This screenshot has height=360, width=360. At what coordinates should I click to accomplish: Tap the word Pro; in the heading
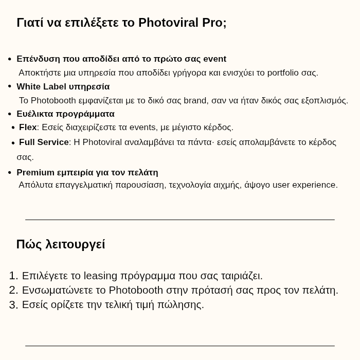click(x=214, y=23)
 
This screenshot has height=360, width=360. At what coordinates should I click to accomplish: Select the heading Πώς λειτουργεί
click(x=61, y=244)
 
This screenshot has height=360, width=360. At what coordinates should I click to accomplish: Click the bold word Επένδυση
click(x=38, y=59)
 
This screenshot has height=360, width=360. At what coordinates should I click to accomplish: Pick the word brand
click(x=195, y=100)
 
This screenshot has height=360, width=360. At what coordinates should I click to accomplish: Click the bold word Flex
click(x=28, y=127)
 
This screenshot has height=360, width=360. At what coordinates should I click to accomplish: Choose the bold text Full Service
click(x=44, y=142)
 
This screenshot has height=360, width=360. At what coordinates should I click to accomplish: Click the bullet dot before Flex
click(x=13, y=128)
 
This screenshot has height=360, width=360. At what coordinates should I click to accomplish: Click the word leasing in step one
click(x=100, y=276)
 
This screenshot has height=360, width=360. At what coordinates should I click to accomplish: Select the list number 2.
click(x=13, y=290)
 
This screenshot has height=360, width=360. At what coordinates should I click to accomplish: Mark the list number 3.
click(x=13, y=304)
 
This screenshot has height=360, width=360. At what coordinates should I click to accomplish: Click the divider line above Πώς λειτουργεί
click(x=180, y=220)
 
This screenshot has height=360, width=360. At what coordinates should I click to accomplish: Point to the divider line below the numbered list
click(x=180, y=346)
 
